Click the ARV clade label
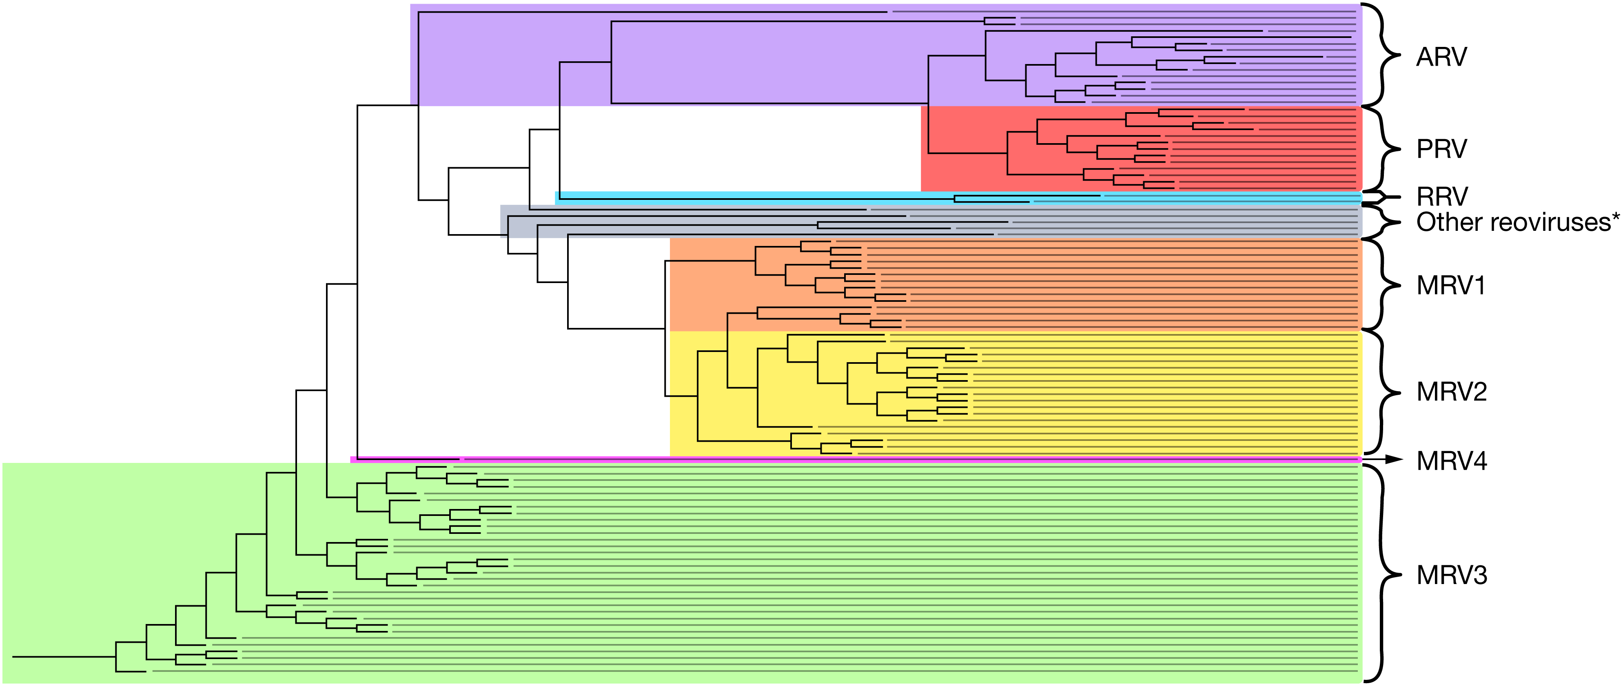point(1441,58)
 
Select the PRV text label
point(1441,149)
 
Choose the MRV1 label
point(1451,286)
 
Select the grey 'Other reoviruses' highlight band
point(931,221)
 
